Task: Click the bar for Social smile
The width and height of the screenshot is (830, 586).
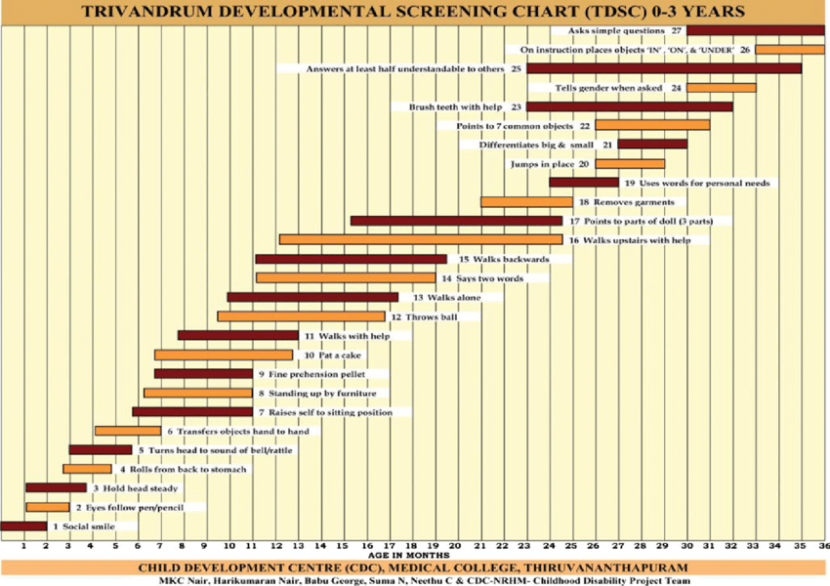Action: (x=23, y=526)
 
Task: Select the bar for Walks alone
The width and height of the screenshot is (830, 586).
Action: (x=312, y=297)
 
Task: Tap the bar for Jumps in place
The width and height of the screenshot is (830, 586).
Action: (x=630, y=164)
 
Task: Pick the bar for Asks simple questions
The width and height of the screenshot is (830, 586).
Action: (x=755, y=30)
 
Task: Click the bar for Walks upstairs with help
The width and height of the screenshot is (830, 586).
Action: (x=420, y=239)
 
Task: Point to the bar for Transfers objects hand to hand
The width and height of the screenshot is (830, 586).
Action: (x=128, y=431)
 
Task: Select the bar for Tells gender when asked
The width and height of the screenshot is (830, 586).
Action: (x=721, y=88)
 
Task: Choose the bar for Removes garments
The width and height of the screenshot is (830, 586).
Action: (x=526, y=202)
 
